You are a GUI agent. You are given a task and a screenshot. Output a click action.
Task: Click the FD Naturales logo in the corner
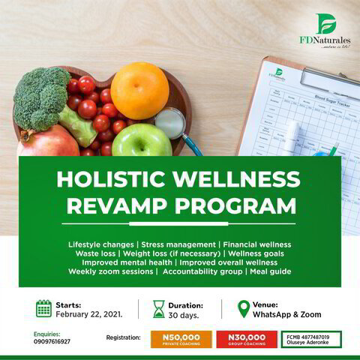tap(324, 29)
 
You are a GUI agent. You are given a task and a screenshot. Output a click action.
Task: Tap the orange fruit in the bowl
tap(139, 90)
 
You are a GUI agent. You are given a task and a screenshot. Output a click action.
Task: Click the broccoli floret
tap(40, 96)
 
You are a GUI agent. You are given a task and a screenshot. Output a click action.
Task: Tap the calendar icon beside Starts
tap(44, 308)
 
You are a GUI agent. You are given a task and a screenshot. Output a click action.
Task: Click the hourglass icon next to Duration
tap(159, 309)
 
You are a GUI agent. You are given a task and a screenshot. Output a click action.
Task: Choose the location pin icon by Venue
tap(243, 308)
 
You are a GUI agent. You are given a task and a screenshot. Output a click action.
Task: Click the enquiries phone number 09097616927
tap(52, 341)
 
